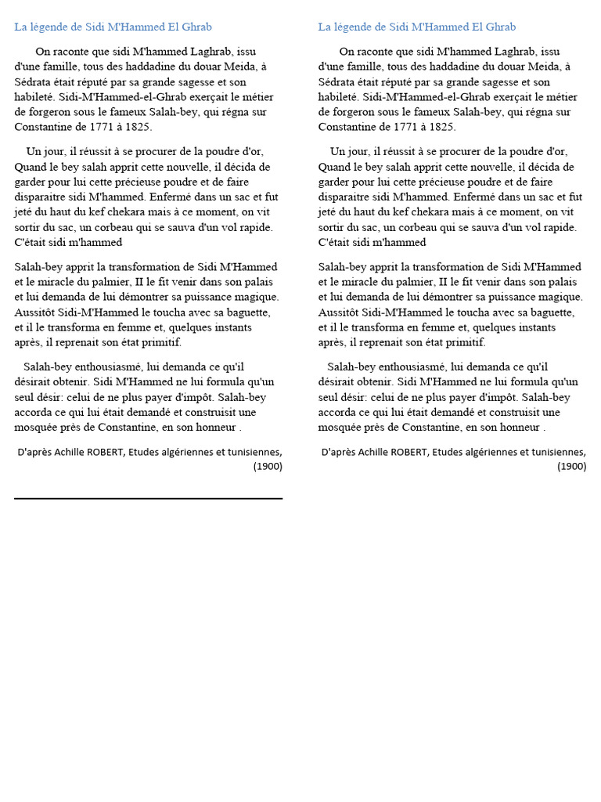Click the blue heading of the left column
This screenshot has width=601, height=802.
113,27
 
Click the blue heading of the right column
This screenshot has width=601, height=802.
416,27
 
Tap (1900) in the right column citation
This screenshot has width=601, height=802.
571,466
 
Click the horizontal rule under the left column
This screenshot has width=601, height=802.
148,498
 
